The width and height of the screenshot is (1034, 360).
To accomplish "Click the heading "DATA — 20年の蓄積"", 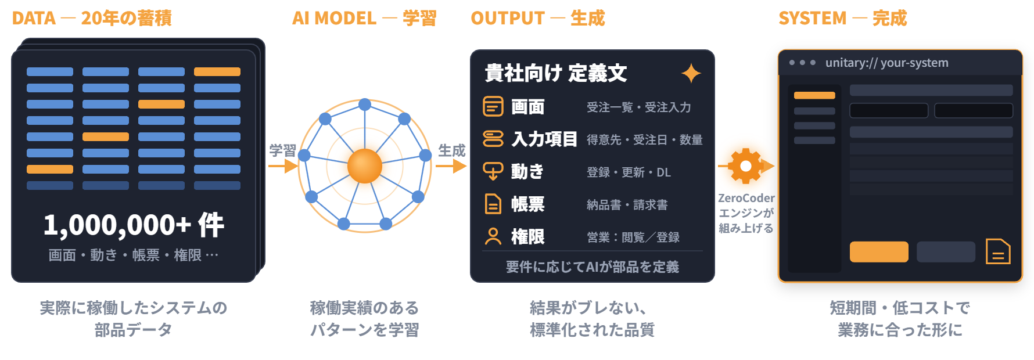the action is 92,18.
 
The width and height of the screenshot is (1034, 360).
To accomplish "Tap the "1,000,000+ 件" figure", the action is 134,225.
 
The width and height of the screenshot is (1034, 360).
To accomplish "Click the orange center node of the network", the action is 365,166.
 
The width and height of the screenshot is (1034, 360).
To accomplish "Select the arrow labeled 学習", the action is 283,166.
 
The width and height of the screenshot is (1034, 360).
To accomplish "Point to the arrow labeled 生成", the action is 451,166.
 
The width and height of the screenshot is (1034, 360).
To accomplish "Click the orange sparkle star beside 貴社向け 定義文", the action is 691,74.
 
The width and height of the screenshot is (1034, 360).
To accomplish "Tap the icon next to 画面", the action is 493,106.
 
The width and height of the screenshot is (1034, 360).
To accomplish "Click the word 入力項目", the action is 544,139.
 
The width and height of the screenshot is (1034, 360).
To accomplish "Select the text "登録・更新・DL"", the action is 629,172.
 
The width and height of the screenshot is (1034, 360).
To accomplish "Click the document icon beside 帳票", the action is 493,204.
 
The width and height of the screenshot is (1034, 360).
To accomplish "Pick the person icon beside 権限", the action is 493,236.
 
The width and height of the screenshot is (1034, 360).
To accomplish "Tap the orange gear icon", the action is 746,166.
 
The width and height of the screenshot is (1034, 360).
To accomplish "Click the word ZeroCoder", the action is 746,198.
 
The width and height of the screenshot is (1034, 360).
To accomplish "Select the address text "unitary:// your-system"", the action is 887,63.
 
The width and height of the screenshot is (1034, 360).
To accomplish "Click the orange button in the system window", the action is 879,252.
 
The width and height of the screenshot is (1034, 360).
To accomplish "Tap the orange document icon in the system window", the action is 998,251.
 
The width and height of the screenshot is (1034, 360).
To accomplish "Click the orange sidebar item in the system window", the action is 814,95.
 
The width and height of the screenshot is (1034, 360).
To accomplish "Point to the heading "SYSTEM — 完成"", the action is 843,18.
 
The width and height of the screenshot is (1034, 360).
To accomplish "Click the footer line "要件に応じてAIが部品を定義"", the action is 593,267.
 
